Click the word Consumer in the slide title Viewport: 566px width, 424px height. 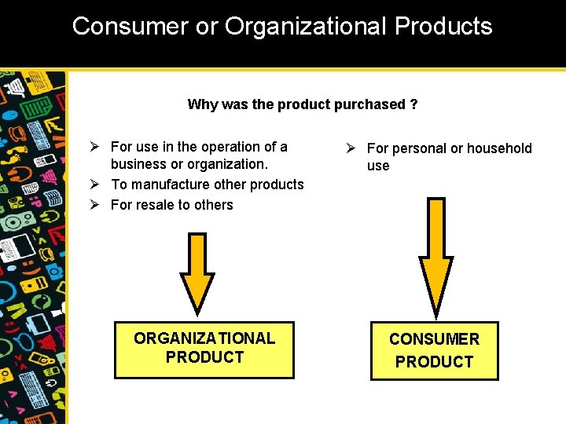pyautogui.click(x=129, y=26)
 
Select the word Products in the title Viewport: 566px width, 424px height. pyautogui.click(x=443, y=26)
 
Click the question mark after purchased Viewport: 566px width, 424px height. pyautogui.click(x=413, y=104)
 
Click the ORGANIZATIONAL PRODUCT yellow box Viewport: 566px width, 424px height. pyautogui.click(x=204, y=349)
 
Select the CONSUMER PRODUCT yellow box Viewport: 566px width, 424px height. pyautogui.click(x=434, y=350)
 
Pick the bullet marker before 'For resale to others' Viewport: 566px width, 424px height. pyautogui.click(x=93, y=205)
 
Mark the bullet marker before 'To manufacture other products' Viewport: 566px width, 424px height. pyautogui.click(x=93, y=185)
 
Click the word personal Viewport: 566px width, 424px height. pyautogui.click(x=419, y=148)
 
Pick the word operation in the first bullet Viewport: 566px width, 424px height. pyautogui.click(x=229, y=147)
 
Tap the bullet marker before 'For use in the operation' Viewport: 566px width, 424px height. pyautogui.click(x=93, y=147)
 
